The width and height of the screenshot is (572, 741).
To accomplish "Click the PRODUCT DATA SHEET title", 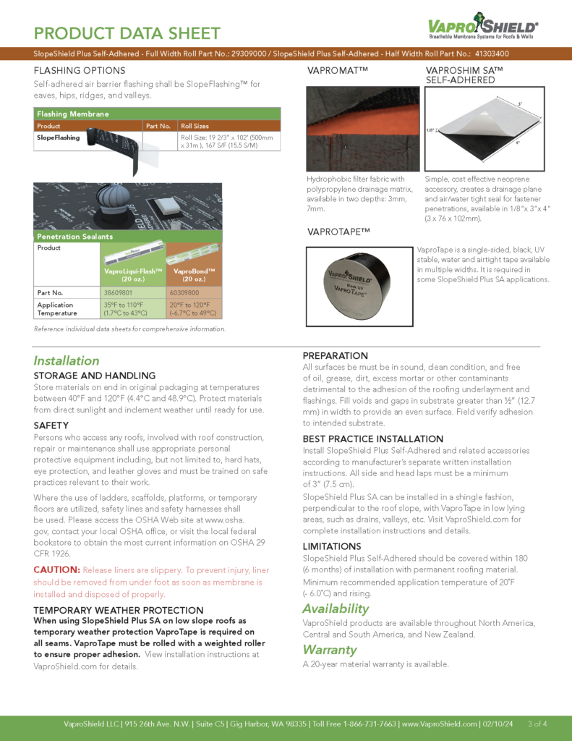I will click(127, 33).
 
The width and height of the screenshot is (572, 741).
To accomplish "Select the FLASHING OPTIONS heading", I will click(80, 71).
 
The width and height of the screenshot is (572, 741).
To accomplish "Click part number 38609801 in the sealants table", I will click(119, 292).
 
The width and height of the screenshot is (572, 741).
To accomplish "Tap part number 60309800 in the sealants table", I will click(184, 292).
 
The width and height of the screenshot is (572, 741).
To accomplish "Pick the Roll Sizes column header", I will click(195, 126).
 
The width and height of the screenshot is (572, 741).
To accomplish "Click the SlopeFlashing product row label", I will click(59, 137).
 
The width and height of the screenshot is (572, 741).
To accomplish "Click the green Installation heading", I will click(67, 360).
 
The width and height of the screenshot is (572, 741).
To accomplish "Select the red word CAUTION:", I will click(56, 569).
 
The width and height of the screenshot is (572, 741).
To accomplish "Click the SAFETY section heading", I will click(51, 425).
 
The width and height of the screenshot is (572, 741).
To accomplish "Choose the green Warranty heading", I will click(330, 649).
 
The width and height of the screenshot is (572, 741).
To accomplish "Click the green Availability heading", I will click(336, 609).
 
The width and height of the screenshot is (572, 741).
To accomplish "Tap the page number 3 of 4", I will click(537, 724).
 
